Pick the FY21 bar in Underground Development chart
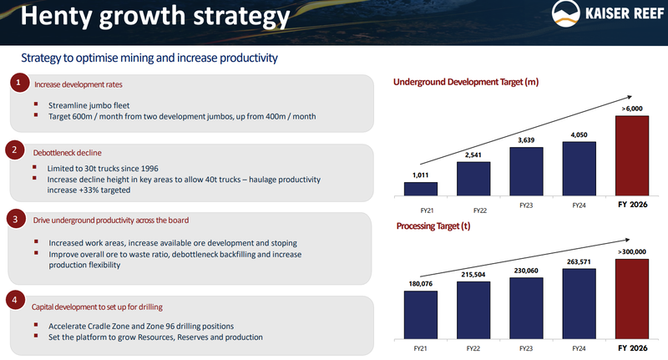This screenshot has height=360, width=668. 422,187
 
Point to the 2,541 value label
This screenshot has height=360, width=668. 473,155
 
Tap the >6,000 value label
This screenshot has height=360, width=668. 631,109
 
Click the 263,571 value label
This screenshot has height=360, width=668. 579,259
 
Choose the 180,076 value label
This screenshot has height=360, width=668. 422,283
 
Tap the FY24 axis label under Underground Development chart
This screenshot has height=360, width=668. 579,205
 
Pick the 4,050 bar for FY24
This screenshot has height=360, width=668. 579,168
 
